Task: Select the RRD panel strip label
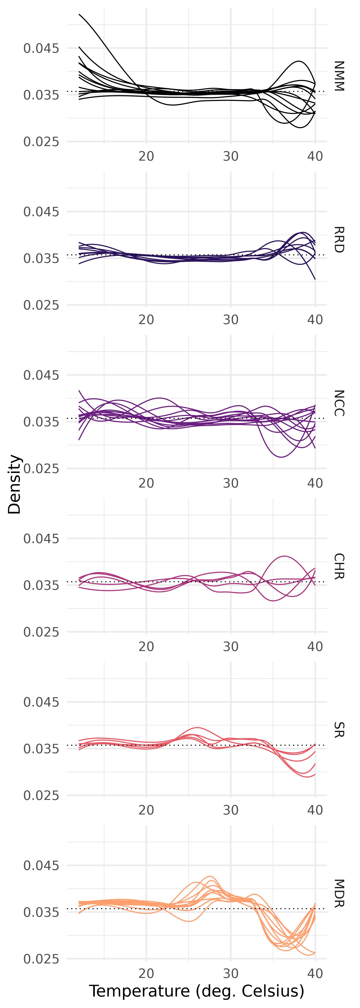[339, 240]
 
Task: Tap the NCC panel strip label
[339, 403]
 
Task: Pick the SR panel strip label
[339, 730]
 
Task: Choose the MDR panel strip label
[339, 893]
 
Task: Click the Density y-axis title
[15, 484]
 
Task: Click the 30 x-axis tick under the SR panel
[231, 810]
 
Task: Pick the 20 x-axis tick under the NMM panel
[146, 156]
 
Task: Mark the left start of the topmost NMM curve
[79, 14]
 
